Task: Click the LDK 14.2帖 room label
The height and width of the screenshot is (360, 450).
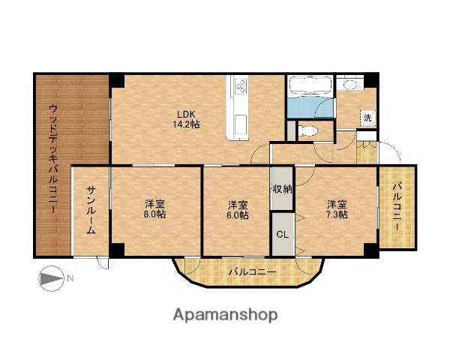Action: coord(186,119)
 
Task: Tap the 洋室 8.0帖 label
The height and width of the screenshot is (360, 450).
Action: coord(154,209)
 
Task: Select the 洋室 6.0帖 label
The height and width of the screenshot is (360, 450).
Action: coord(238,210)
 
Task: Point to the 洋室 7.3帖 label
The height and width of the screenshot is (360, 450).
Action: coord(337,209)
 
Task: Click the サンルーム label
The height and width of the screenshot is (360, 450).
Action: coord(91,210)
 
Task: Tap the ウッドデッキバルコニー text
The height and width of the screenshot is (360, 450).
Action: coord(54,159)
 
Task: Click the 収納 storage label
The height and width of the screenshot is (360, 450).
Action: coord(282,189)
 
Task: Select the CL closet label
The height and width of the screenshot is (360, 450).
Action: coord(283,235)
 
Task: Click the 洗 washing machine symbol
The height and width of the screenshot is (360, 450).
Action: coord(367,118)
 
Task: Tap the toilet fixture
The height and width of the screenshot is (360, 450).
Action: coord(308,131)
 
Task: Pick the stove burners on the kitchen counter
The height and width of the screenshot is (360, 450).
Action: coord(241,85)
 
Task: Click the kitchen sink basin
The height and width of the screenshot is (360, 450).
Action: coord(241,123)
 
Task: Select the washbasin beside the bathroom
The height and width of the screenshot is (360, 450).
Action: coord(349,85)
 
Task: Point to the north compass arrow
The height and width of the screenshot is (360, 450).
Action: coord(51,278)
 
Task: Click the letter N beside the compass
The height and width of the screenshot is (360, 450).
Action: coord(70,278)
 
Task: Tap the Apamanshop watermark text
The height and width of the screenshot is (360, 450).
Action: coord(226,315)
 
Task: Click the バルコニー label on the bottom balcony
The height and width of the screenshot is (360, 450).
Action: coord(253,271)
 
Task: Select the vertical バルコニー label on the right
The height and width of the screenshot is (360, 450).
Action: coord(397,207)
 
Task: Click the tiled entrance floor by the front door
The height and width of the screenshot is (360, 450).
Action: coord(367,152)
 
